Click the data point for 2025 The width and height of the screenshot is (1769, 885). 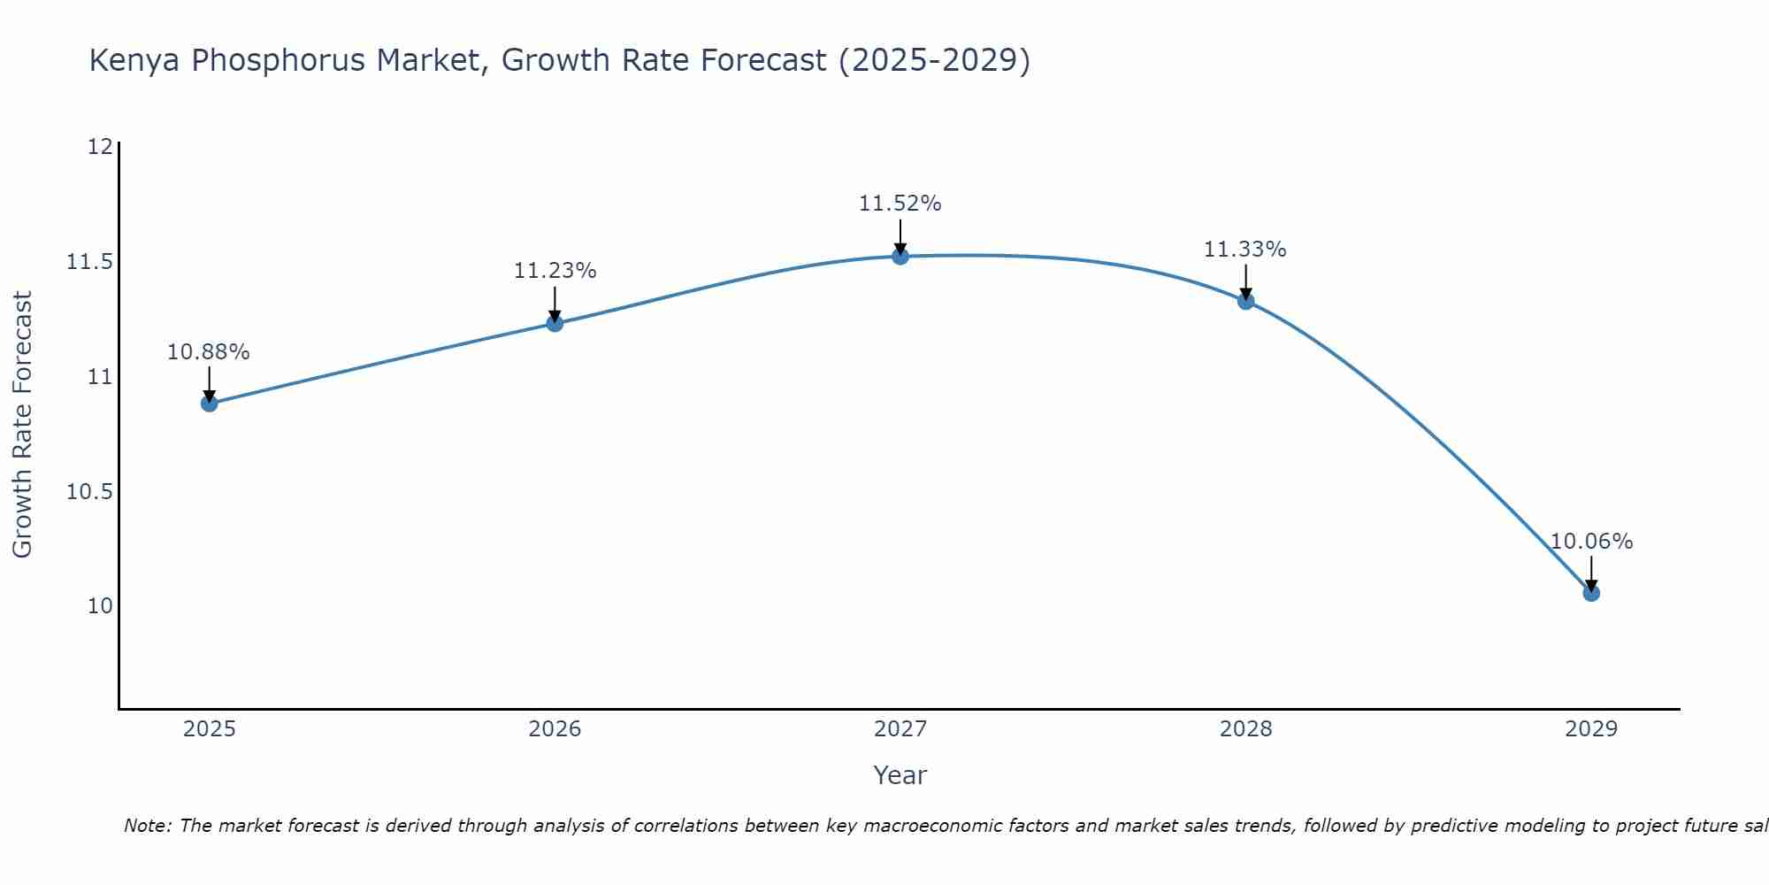point(210,404)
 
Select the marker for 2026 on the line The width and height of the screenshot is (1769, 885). point(555,323)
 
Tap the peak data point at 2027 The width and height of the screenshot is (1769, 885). point(900,257)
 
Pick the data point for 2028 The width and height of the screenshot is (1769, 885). point(1245,301)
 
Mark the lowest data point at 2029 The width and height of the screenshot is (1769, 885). point(1591,593)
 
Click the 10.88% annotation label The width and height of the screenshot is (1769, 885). point(209,352)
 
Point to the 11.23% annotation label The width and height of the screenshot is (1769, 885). point(555,271)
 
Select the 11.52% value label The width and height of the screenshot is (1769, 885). point(900,204)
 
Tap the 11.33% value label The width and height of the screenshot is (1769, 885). point(1244,250)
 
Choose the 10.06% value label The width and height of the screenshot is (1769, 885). point(1591,542)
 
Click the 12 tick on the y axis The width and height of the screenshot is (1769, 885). point(100,147)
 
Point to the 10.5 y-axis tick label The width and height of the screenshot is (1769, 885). point(89,492)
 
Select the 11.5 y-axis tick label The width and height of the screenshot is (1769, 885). point(89,262)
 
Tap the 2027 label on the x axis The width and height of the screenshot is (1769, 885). point(900,729)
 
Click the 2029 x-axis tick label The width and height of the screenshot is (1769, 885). point(1590,729)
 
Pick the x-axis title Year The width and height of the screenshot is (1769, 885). point(900,775)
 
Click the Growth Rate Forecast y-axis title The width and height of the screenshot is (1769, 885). point(22,425)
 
